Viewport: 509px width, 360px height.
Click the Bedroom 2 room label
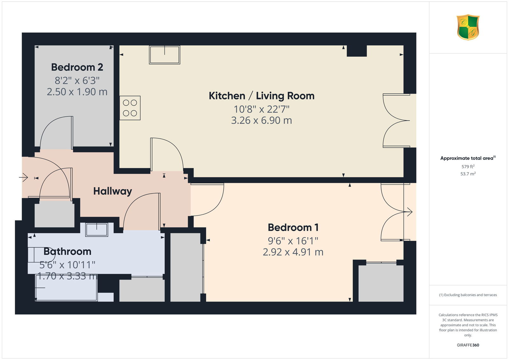point(77,67)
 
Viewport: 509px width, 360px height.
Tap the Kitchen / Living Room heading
point(261,96)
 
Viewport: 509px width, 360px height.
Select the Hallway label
point(113,191)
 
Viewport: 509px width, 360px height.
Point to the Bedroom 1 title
point(293,227)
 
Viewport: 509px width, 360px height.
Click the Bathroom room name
point(67,251)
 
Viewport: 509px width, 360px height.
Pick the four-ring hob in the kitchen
point(130,108)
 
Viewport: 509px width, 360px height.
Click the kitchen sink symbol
point(164,55)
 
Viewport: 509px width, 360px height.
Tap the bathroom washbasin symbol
point(97,230)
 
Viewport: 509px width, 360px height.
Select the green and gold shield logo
point(468,27)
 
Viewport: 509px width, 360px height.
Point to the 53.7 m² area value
point(468,174)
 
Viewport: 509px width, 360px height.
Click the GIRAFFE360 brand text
point(468,345)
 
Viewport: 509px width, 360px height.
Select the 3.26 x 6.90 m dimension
point(261,120)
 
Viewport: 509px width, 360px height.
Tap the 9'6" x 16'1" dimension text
point(293,241)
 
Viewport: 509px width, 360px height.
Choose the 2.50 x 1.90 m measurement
point(77,92)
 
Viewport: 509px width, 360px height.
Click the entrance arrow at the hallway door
point(24,177)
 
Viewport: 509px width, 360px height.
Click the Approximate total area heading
point(468,158)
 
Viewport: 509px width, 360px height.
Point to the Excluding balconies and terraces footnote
point(468,295)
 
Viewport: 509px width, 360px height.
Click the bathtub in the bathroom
point(66,288)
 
